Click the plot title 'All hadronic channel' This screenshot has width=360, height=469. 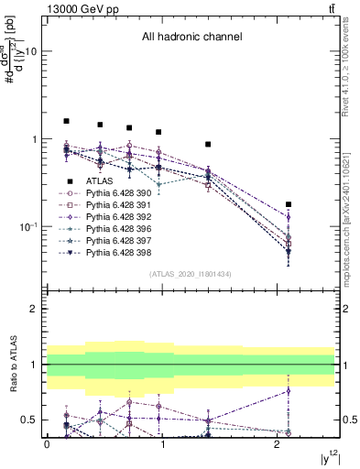point(191,38)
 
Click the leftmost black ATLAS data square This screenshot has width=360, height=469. point(66,121)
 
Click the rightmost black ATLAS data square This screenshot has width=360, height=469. point(289,204)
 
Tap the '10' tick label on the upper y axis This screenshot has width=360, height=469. point(29,52)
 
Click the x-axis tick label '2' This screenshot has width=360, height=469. point(277,444)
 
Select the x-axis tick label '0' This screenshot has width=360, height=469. point(47,444)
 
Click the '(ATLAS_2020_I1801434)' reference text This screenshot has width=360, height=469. point(191,274)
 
